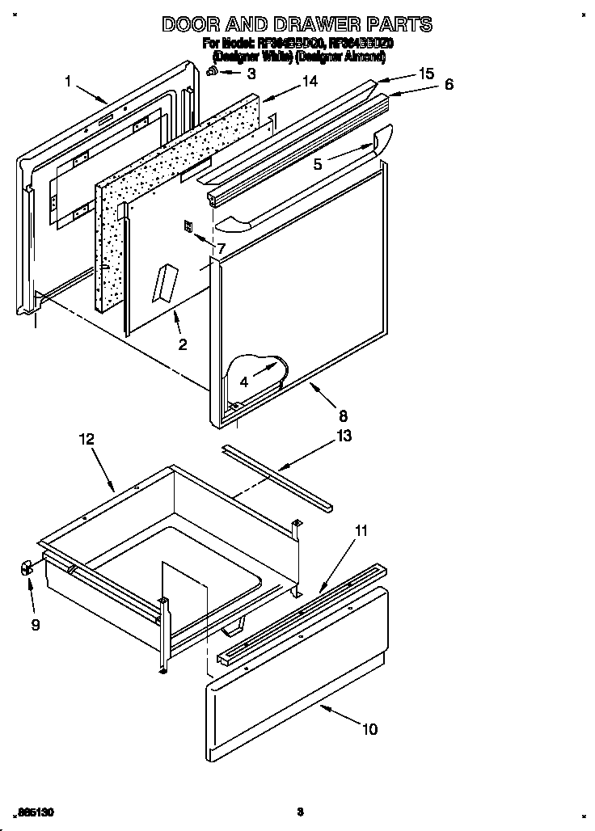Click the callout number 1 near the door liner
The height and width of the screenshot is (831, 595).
coord(69,80)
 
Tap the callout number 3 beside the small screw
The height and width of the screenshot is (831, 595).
coord(251,74)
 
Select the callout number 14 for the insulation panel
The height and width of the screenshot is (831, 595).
coord(310,82)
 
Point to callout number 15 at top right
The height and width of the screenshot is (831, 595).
coord(426,74)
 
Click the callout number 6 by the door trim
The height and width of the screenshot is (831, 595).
coord(449,84)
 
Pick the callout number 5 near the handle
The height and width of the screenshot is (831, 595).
coord(318,163)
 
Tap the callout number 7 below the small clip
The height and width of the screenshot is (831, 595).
coord(220,248)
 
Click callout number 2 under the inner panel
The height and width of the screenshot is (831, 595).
coord(183,344)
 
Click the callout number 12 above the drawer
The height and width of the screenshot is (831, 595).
coord(87,439)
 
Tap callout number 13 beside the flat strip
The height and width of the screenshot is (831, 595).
coord(344,436)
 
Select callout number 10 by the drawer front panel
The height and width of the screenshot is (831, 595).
coord(369,729)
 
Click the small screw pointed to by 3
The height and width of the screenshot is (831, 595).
coord(212,72)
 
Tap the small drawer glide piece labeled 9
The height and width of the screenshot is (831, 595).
coord(25,568)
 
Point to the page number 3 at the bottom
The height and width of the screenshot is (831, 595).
coord(299,811)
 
